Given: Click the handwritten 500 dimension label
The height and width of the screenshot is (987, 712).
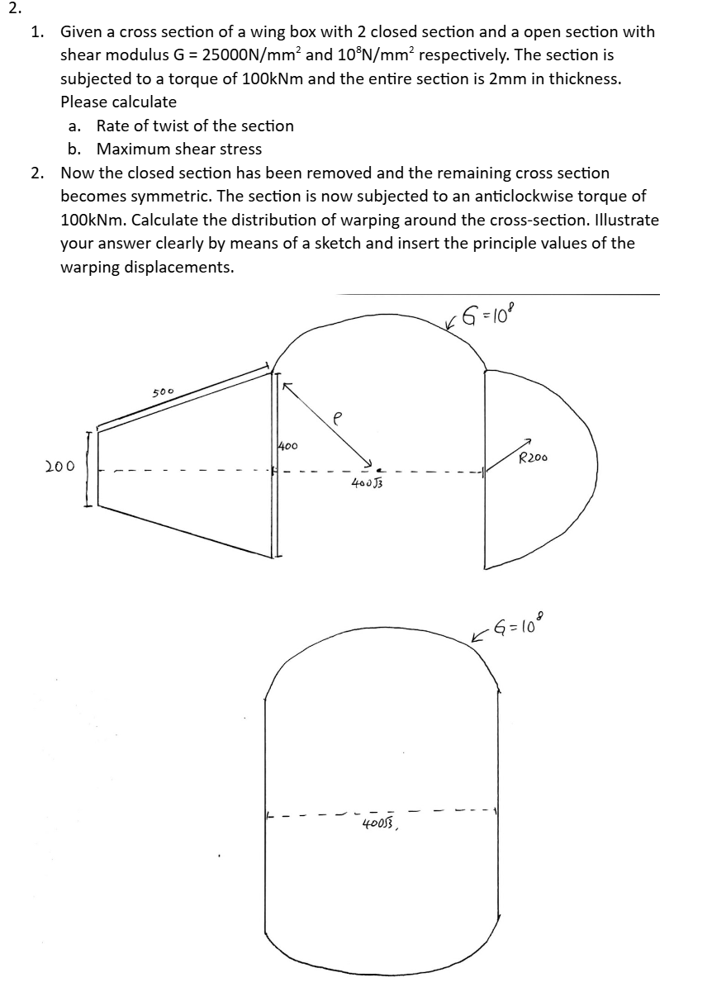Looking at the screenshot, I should pyautogui.click(x=163, y=391).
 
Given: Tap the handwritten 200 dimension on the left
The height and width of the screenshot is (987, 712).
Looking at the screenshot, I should pyautogui.click(x=60, y=466).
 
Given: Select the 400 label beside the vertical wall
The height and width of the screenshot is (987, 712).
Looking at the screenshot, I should pyautogui.click(x=287, y=446).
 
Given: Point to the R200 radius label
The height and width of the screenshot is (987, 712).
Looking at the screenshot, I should pyautogui.click(x=534, y=457).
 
